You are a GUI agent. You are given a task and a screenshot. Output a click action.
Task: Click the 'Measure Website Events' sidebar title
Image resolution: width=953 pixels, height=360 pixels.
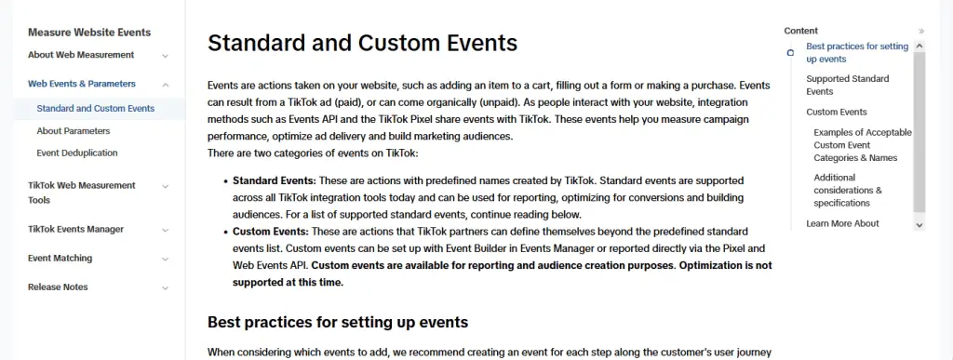(x=89, y=33)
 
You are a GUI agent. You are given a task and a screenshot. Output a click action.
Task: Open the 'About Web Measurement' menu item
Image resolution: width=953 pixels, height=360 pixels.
(x=81, y=55)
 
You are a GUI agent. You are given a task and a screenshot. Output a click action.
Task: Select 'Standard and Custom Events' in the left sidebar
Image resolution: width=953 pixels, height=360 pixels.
(x=96, y=109)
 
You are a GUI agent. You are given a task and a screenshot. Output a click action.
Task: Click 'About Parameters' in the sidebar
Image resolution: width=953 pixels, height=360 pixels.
(x=74, y=131)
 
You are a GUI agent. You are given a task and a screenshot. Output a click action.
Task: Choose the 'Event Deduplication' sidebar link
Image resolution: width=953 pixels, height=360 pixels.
(x=77, y=153)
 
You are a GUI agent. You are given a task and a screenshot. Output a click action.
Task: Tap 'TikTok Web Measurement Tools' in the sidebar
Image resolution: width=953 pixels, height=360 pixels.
(x=82, y=192)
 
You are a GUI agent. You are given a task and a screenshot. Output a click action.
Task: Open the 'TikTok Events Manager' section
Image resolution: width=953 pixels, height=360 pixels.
(x=75, y=229)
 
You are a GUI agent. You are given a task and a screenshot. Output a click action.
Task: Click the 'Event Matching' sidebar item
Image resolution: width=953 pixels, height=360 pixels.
(x=60, y=258)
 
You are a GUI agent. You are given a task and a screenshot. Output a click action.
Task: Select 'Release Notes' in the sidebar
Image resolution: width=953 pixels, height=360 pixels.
(x=58, y=287)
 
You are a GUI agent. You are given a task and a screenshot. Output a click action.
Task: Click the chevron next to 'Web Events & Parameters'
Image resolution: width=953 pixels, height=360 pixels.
(x=166, y=84)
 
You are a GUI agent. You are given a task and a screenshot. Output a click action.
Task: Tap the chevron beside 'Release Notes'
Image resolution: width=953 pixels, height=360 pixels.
(x=166, y=287)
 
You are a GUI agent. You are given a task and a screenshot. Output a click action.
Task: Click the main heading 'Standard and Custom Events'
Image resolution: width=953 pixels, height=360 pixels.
(x=362, y=43)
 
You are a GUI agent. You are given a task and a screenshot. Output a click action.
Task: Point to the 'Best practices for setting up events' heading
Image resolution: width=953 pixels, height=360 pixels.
(x=337, y=323)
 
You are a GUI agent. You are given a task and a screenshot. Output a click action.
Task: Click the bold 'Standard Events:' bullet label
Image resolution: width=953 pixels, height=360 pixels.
(x=275, y=180)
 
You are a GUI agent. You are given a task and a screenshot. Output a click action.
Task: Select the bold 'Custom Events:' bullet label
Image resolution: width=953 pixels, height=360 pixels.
(x=271, y=230)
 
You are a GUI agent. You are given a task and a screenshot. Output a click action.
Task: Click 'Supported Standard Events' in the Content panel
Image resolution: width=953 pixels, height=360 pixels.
(x=848, y=85)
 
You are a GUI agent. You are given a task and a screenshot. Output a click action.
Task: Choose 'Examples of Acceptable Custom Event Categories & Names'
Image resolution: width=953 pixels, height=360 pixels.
(x=862, y=145)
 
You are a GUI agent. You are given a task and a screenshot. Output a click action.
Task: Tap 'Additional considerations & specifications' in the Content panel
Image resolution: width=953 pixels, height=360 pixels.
(x=847, y=190)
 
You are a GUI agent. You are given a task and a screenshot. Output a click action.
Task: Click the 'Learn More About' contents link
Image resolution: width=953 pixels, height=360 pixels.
(x=842, y=223)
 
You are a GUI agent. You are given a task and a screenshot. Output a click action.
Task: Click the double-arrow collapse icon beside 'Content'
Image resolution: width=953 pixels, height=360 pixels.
(x=921, y=31)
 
